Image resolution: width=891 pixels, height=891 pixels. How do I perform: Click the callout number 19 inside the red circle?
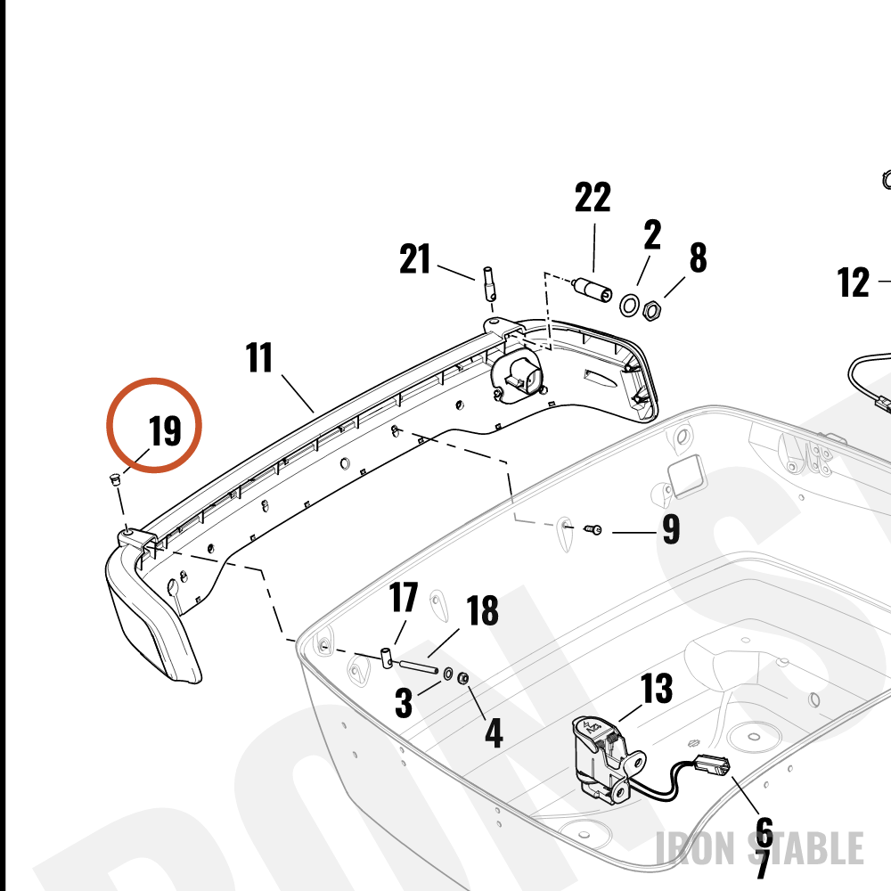pyautogui.click(x=165, y=430)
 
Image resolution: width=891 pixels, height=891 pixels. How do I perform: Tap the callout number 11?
pyautogui.click(x=259, y=357)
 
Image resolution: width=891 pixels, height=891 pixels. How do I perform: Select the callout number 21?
pyautogui.click(x=415, y=259)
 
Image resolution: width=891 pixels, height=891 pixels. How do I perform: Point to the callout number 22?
pyautogui.click(x=593, y=197)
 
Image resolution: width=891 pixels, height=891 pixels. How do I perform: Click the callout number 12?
pyautogui.click(x=854, y=282)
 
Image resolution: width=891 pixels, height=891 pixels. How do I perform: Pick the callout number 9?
pyautogui.click(x=671, y=529)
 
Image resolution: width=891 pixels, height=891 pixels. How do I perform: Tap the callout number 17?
pyautogui.click(x=404, y=597)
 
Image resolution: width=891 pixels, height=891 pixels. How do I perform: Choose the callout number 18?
pyautogui.click(x=482, y=610)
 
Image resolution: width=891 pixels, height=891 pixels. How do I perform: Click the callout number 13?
pyautogui.click(x=657, y=688)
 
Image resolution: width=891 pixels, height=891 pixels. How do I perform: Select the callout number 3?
pyautogui.click(x=404, y=702)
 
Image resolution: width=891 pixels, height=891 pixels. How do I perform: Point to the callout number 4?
pyautogui.click(x=494, y=733)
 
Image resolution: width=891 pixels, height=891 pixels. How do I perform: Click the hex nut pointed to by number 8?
pyautogui.click(x=651, y=310)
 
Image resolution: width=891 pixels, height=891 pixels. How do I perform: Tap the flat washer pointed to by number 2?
pyautogui.click(x=629, y=305)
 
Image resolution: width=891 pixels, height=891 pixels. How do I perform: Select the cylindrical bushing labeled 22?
pyautogui.click(x=593, y=290)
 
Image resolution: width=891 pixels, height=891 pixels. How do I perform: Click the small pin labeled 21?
pyautogui.click(x=488, y=284)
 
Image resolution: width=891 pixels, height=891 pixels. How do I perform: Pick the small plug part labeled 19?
pyautogui.click(x=114, y=479)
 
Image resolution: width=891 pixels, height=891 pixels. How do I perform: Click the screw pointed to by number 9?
pyautogui.click(x=593, y=529)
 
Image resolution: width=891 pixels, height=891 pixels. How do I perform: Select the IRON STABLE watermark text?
pyautogui.click(x=760, y=848)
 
